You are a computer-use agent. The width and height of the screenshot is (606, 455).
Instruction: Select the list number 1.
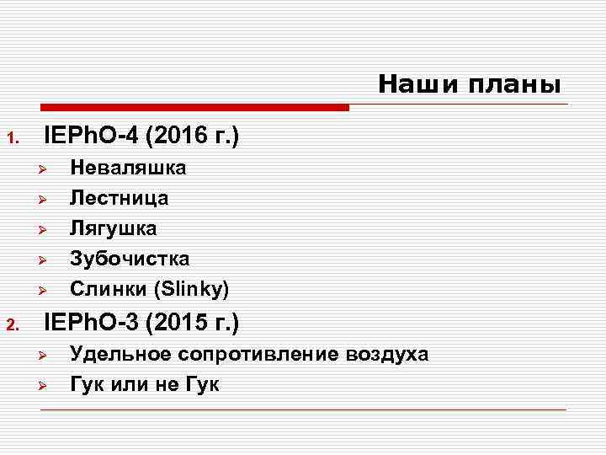(x=12, y=137)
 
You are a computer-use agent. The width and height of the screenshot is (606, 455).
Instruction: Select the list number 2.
(x=12, y=324)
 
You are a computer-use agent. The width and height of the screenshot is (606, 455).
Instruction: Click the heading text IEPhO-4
(x=90, y=135)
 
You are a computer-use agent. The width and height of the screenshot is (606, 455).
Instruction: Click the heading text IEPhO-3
(x=90, y=322)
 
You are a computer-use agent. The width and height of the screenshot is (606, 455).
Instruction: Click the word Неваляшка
(x=128, y=168)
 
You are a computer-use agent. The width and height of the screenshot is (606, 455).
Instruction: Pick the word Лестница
(x=119, y=198)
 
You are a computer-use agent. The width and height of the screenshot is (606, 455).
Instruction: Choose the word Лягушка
(x=113, y=228)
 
